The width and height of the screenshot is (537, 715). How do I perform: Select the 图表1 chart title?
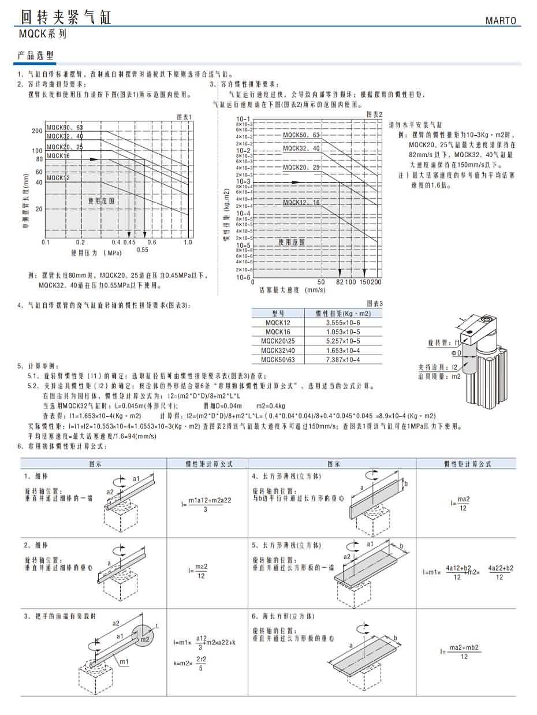(x=184, y=117)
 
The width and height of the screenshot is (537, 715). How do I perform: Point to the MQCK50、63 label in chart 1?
(x=65, y=128)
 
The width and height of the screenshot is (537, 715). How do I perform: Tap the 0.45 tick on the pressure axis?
(x=129, y=243)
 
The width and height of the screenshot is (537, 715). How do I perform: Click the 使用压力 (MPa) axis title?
(x=96, y=252)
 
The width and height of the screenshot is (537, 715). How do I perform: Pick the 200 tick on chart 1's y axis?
(x=37, y=131)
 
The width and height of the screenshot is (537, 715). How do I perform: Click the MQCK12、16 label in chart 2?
(x=301, y=203)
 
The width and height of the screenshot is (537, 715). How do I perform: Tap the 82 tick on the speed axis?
(x=340, y=282)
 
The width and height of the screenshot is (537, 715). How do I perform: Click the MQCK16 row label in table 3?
(x=278, y=332)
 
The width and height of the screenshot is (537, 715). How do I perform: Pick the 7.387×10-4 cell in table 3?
(x=343, y=360)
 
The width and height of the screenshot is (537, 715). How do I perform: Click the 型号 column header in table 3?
(x=278, y=313)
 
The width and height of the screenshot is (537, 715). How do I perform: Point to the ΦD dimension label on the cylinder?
(x=456, y=352)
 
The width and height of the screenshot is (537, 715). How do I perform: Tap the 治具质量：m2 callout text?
(x=440, y=375)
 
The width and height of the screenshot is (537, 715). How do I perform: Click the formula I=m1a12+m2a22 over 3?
(x=206, y=504)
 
